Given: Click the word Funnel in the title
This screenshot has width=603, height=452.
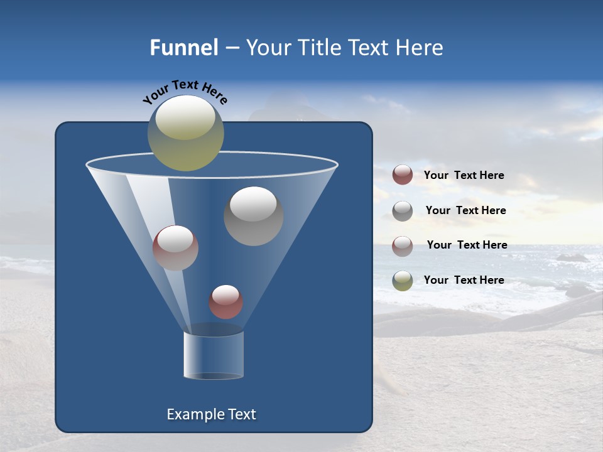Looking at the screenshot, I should coord(183,48).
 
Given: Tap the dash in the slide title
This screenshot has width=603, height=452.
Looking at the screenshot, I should coord(231,48).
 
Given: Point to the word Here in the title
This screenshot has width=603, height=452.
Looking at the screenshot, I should coord(420,48).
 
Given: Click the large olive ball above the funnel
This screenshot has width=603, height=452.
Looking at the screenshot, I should coord(185,133).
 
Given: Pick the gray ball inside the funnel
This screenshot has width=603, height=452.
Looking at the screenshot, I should coord(253,216).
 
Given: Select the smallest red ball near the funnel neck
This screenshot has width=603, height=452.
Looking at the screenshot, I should coord(225,302).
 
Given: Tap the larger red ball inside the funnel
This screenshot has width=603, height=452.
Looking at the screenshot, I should coord(175,248).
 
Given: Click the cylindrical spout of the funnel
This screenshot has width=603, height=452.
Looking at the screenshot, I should coord(214,355).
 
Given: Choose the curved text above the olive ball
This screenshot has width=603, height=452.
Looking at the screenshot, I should coord(185,93).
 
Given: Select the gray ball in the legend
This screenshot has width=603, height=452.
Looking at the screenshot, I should coord(403,211).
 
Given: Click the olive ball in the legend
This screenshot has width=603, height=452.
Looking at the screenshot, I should coord(403,281).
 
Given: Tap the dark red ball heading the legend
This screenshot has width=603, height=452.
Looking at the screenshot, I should coord(403,175).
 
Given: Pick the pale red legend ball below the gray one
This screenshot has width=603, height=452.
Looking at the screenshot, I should coord(403,246).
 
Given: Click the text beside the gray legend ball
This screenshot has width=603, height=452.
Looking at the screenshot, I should coord(465,210).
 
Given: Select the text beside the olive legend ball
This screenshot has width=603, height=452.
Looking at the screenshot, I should coord(464,280).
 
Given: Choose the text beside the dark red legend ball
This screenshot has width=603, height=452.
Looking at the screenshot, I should coord(464,175).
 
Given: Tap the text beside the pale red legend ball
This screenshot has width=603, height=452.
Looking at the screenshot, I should coord(467,245).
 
